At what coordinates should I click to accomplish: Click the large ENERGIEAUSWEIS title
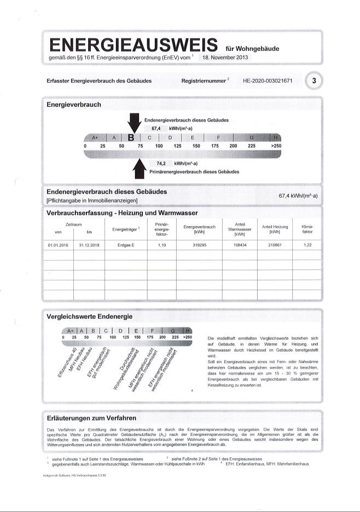point(133,45)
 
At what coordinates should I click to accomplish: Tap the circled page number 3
point(314,81)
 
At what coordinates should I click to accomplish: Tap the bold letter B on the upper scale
point(131,137)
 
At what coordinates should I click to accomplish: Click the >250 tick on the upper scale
point(276,146)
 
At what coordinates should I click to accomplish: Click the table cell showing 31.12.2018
point(89,245)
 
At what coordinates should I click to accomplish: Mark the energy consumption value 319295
point(199,245)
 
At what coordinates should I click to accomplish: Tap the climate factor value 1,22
point(307,245)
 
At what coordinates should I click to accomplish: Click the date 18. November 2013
point(226,57)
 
